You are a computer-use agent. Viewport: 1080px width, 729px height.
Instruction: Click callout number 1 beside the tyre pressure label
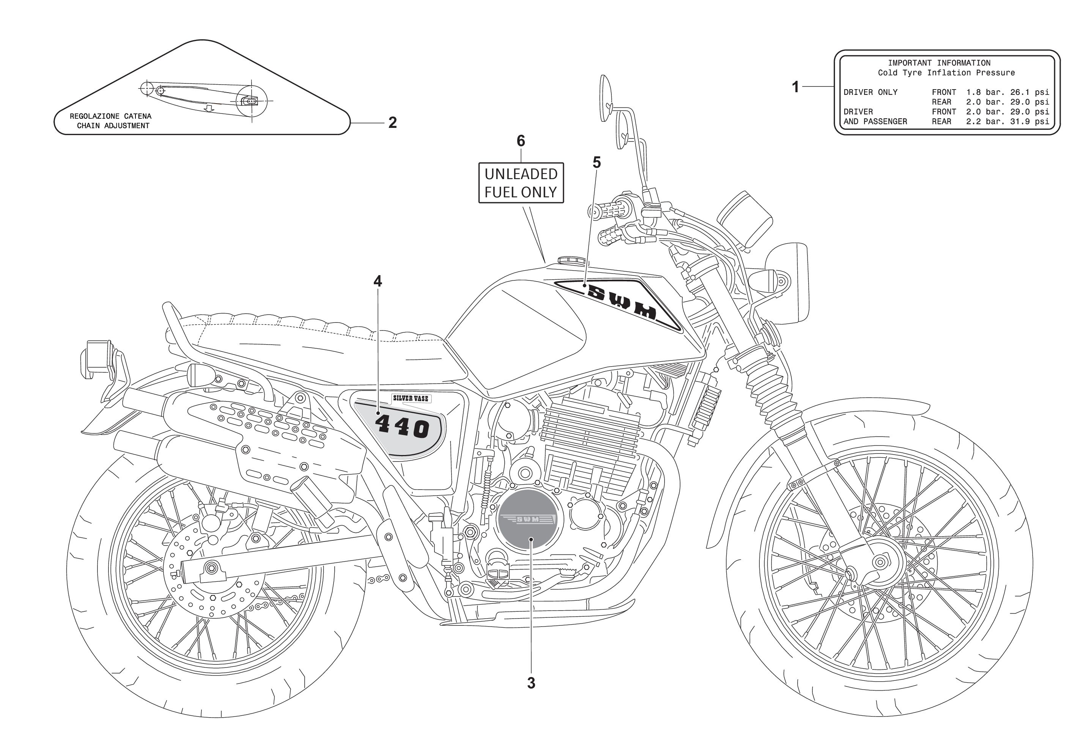[795, 87]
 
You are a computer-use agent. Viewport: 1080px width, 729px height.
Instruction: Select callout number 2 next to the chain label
[392, 123]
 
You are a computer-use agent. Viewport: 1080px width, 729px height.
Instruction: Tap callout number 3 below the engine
[531, 683]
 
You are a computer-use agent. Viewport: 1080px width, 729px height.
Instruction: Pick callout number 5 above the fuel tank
[597, 163]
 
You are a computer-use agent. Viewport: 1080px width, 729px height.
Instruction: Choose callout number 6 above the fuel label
[521, 141]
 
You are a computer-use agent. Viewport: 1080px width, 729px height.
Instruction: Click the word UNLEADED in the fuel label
[521, 174]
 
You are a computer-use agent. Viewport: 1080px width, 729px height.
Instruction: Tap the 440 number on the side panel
[402, 427]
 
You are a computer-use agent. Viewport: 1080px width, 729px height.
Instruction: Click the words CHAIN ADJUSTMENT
[113, 126]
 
